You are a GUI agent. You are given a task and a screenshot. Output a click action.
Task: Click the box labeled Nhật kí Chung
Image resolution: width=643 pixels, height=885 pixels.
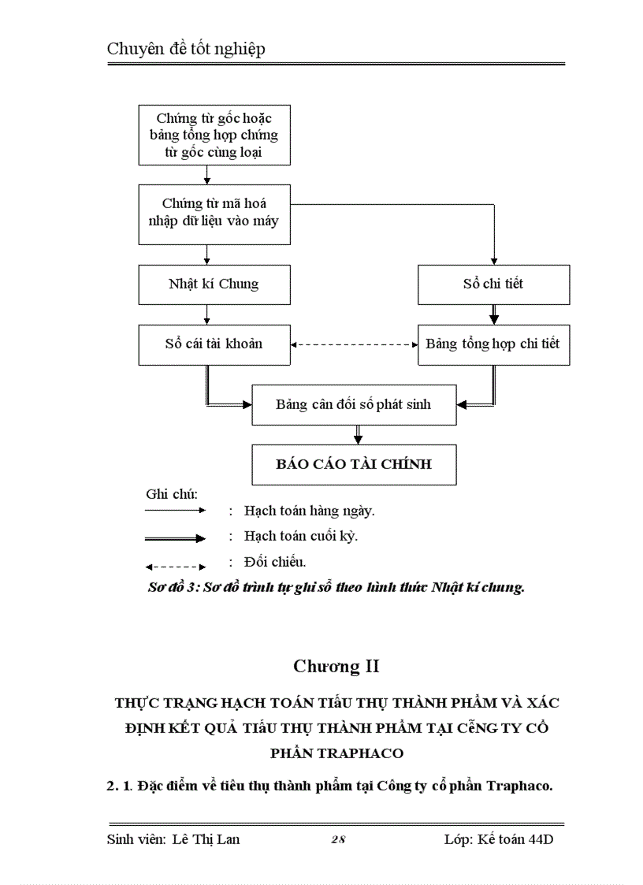coord(213,284)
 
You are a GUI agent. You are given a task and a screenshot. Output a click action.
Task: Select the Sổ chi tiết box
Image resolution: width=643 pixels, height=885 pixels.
coord(493,284)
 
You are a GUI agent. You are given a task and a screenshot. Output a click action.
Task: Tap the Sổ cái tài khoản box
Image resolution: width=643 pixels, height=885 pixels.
coord(213,344)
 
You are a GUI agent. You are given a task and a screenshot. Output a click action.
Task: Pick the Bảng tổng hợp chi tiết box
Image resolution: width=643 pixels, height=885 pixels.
coord(493,344)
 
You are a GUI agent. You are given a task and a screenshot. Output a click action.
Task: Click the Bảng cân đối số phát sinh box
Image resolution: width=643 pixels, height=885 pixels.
coord(354,405)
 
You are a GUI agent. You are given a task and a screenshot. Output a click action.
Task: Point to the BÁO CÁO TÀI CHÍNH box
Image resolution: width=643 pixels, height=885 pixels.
coord(354,464)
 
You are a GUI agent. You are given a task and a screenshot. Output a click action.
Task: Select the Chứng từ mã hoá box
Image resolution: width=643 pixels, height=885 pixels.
coord(213,213)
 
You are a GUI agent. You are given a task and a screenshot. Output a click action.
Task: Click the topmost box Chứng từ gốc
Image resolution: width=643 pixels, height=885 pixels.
coord(213,136)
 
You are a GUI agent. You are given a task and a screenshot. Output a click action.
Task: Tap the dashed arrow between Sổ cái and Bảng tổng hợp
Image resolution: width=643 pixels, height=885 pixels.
coord(354,344)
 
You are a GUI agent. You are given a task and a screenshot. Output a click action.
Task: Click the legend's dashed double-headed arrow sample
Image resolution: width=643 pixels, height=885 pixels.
coord(175,566)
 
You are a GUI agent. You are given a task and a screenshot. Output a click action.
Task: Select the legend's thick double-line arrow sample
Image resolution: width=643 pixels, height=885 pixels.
coord(175,538)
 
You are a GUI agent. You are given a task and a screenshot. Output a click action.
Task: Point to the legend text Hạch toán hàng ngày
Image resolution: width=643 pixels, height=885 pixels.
coord(309,511)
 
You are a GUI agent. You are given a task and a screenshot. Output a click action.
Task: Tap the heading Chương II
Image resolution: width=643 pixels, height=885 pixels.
coord(336,667)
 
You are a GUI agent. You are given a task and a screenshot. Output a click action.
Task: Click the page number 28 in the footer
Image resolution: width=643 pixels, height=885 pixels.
coord(338,840)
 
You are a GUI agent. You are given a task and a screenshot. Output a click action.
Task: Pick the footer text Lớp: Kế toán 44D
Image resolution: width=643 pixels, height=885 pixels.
coord(498,839)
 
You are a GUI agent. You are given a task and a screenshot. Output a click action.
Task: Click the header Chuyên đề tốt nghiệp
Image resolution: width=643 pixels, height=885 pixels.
coord(186,49)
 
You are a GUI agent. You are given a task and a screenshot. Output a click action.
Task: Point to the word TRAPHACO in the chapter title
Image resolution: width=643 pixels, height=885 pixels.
coord(336,753)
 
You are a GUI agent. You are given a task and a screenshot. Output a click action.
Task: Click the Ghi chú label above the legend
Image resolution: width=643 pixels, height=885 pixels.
coord(171,494)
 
